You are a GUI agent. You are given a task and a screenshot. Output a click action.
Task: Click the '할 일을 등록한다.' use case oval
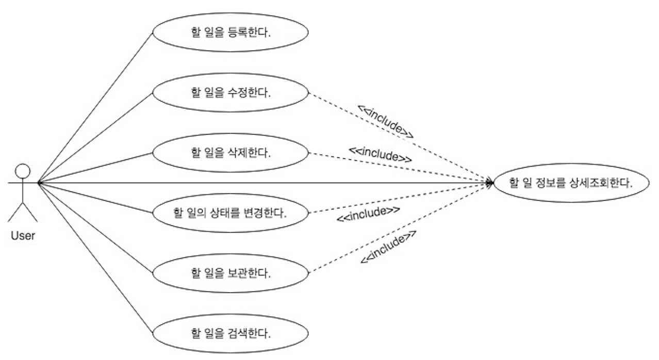point(230,32)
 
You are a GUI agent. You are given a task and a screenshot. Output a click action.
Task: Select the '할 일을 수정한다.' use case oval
point(230,93)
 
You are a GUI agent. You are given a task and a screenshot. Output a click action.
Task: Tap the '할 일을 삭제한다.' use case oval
point(230,153)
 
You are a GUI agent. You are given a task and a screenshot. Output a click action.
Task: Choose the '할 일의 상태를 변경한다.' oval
point(230,212)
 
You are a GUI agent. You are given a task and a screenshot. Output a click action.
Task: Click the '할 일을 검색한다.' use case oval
point(230,333)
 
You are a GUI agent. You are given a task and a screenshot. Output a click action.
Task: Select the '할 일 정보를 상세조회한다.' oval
point(571,183)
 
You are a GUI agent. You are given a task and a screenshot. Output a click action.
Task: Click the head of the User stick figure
point(22,171)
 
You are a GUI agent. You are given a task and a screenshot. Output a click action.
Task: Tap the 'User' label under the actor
point(23,236)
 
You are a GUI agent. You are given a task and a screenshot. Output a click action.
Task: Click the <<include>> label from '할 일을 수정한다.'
point(386,122)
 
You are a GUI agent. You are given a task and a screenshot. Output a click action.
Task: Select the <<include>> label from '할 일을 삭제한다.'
point(381,153)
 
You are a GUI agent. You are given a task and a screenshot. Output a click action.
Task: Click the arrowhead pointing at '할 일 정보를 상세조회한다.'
point(489,183)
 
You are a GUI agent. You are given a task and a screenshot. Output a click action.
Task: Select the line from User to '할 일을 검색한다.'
point(95,257)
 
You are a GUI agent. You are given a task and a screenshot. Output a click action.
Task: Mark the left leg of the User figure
point(14,212)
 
